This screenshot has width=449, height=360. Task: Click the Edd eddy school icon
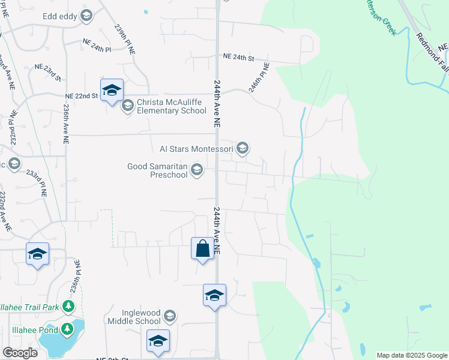[x=86, y=16]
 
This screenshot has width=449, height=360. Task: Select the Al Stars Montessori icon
[x=243, y=148]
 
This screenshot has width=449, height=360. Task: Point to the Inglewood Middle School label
[x=133, y=317]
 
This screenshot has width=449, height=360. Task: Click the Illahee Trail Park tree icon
[x=68, y=307]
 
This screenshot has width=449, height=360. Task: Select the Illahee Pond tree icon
[x=67, y=329]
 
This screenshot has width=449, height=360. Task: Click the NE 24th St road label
[x=239, y=58]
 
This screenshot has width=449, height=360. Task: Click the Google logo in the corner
[x=20, y=353]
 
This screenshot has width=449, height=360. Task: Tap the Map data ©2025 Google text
[x=412, y=355]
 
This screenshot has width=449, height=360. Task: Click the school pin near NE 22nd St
[x=112, y=91]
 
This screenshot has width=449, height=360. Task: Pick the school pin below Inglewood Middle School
[x=158, y=341]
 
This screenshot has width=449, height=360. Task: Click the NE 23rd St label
[x=48, y=71]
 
